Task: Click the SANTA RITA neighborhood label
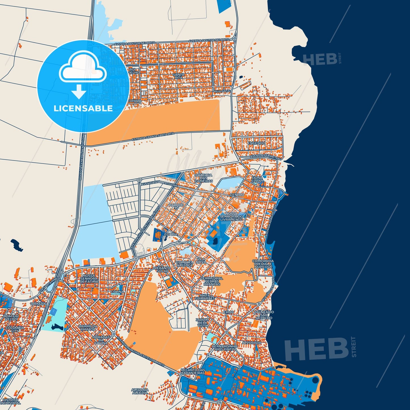(x=178, y=76)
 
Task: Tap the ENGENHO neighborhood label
(x=256, y=143)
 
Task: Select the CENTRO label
(x=237, y=195)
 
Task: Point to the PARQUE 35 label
(x=176, y=206)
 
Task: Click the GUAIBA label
(x=171, y=234)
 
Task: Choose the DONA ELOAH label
(x=257, y=179)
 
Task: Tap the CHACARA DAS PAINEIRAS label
(x=203, y=178)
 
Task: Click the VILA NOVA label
(x=201, y=260)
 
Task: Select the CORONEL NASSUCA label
(x=184, y=264)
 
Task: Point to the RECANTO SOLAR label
(x=163, y=269)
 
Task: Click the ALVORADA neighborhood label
(x=251, y=343)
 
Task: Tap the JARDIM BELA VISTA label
(x=203, y=323)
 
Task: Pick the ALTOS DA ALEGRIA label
(x=140, y=391)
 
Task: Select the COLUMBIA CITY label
(x=14, y=329)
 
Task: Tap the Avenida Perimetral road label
(x=266, y=157)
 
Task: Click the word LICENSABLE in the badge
(x=83, y=108)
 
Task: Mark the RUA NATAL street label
(x=223, y=91)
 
